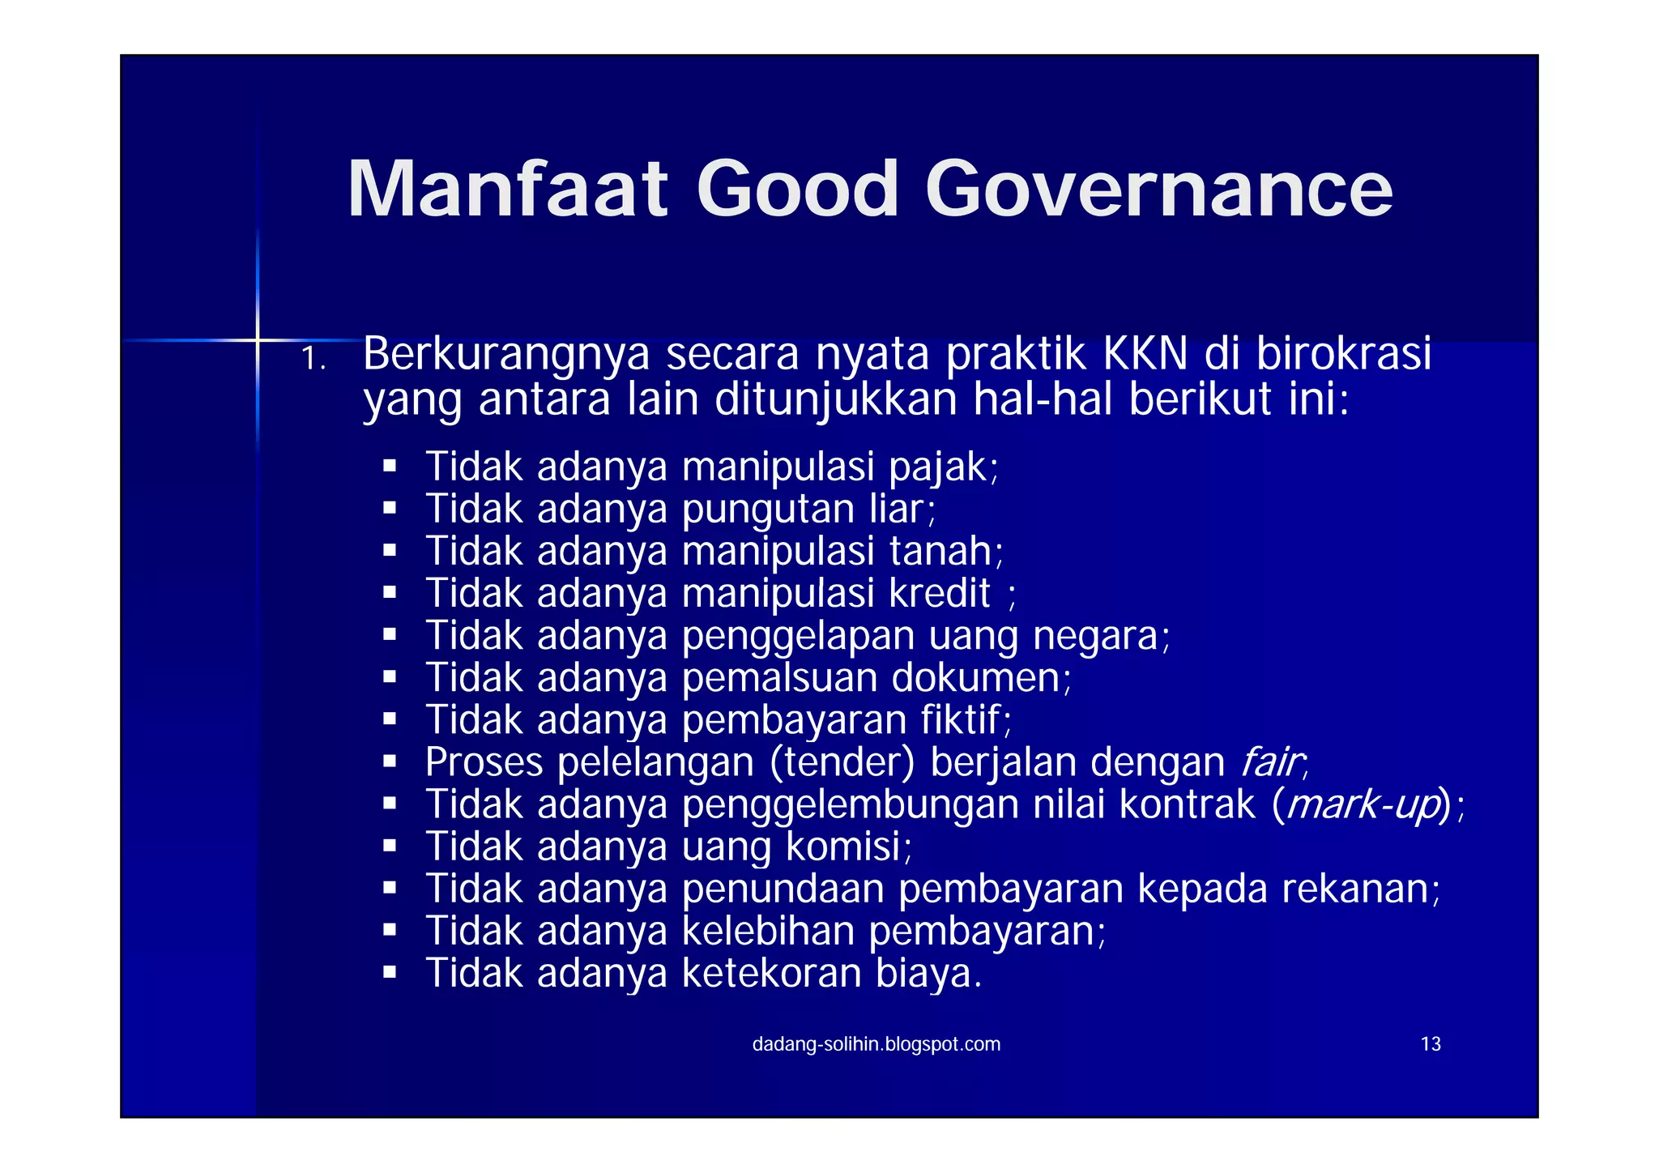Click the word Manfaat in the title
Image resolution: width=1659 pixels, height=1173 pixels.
point(507,190)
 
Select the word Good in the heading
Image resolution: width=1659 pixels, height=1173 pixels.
point(797,190)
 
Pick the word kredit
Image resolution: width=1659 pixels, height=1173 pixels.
point(940,594)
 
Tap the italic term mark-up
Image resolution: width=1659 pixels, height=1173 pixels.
point(1363,805)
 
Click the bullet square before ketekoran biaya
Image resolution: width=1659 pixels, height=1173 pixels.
point(390,972)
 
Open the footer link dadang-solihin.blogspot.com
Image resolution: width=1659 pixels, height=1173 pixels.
point(876,1044)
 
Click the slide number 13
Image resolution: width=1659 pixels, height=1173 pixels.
point(1431,1044)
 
